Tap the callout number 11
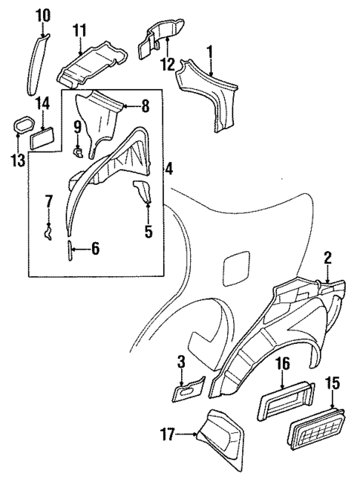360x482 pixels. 79,30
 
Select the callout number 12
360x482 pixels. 168,63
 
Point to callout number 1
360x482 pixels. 209,51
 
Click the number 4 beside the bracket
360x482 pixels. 169,170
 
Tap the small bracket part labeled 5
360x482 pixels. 142,192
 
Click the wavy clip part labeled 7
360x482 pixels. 49,233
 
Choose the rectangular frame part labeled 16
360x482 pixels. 285,402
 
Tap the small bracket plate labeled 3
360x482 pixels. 187,388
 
